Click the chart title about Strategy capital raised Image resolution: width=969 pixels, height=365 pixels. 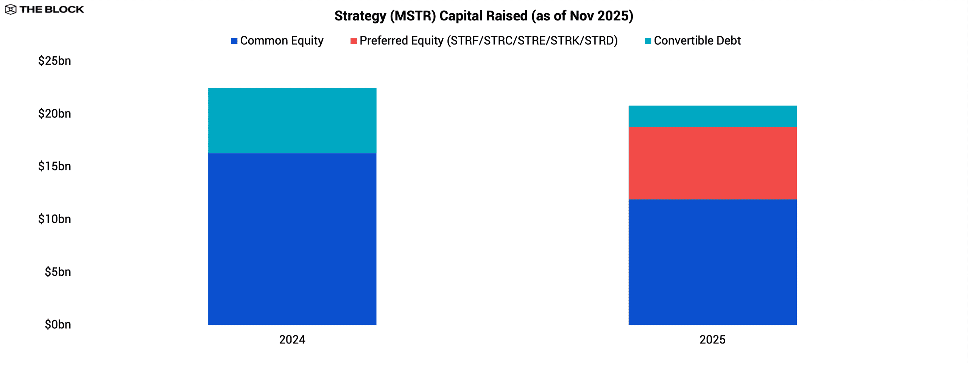click(x=484, y=16)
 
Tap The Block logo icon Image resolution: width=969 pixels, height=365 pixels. click(x=11, y=9)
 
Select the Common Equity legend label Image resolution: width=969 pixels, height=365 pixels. click(x=282, y=40)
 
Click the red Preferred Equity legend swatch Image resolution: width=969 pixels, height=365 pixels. click(x=354, y=41)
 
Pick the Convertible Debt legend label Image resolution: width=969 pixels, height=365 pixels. click(x=697, y=40)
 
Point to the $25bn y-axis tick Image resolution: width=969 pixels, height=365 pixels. click(x=55, y=61)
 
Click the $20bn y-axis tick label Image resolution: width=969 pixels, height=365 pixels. click(x=55, y=113)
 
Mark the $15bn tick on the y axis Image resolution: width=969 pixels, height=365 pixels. click(x=55, y=166)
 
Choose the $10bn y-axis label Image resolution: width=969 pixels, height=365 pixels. click(x=55, y=219)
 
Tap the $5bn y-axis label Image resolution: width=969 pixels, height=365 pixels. click(x=58, y=272)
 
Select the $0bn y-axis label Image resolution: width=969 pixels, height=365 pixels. click(x=58, y=324)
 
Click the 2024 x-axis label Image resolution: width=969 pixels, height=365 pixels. click(x=292, y=340)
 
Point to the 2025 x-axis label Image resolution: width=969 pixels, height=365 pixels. click(x=712, y=340)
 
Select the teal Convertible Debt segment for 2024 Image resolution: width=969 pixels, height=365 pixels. click(x=292, y=120)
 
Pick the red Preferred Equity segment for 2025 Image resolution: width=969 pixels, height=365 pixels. click(x=712, y=163)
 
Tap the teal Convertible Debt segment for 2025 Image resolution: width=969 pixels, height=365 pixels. click(x=712, y=116)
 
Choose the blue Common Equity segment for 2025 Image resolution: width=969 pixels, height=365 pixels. click(x=712, y=262)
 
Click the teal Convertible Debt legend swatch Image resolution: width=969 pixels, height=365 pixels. click(x=648, y=41)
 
